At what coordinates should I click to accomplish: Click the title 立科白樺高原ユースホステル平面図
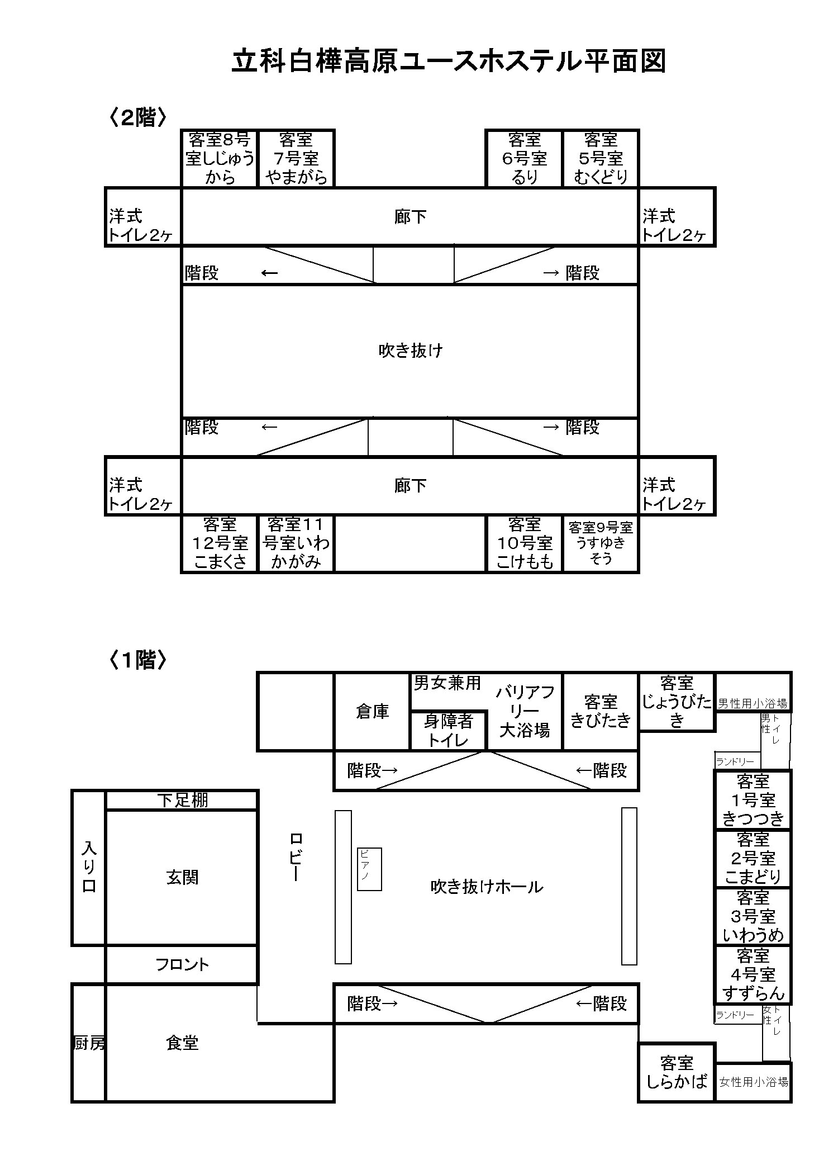click(449, 61)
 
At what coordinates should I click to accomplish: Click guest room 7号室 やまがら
click(296, 158)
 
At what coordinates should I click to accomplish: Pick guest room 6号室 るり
click(524, 158)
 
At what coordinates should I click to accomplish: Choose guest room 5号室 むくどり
click(601, 158)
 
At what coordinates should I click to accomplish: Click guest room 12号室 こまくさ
click(220, 543)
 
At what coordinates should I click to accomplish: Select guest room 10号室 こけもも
click(524, 543)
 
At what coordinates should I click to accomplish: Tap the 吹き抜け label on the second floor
click(411, 351)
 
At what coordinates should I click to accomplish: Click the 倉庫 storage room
click(372, 711)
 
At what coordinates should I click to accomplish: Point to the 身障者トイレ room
click(448, 730)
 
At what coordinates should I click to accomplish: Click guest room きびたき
click(601, 711)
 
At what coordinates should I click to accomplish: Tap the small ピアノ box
click(369, 869)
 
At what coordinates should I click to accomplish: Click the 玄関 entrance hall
click(182, 877)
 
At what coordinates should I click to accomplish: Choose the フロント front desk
click(182, 964)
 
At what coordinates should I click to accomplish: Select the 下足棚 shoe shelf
click(182, 800)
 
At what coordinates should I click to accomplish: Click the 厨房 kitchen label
click(89, 1043)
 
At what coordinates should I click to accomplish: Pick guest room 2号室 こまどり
click(753, 858)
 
